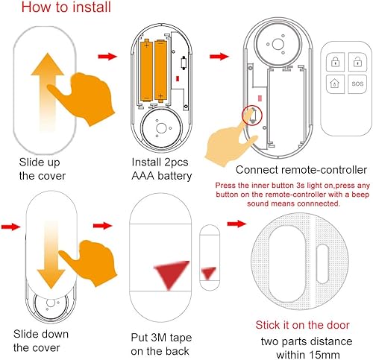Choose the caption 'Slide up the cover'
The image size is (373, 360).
pyautogui.click(x=44, y=168)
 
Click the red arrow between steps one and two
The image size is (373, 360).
pyautogui.click(x=107, y=56)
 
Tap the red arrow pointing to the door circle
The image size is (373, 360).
pyautogui.click(x=236, y=223)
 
